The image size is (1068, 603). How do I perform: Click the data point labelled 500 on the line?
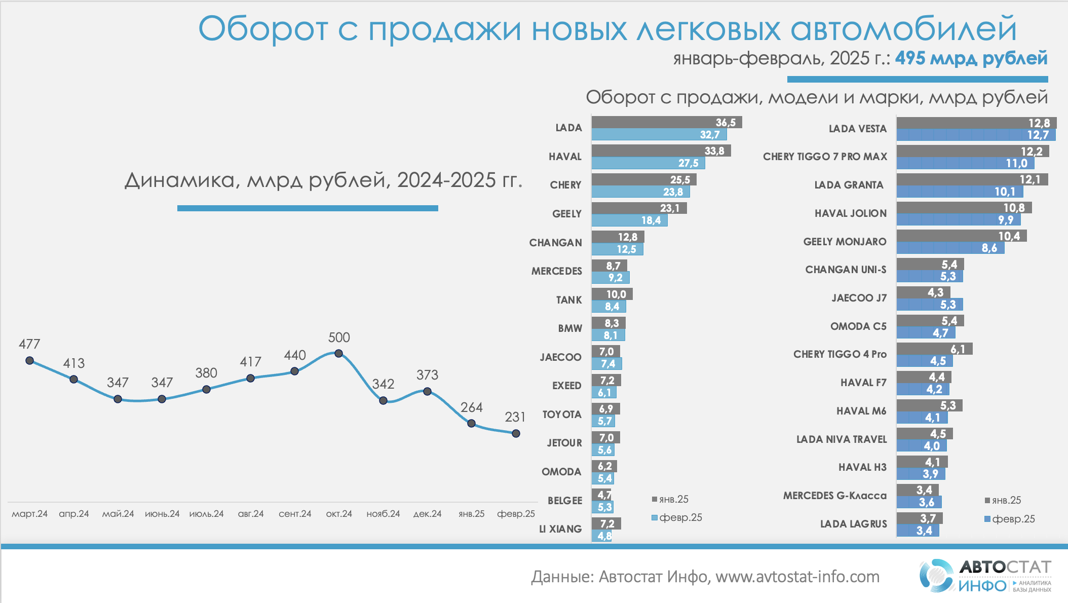pos(339,353)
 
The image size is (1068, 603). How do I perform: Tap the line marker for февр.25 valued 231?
pos(516,433)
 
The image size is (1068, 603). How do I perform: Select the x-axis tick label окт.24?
pos(339,514)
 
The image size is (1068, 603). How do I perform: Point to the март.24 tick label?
pos(29,514)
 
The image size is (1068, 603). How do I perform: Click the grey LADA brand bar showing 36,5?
pos(666,122)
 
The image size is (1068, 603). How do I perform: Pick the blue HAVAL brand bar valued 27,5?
pos(648,163)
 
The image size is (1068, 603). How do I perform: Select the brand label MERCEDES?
pos(556,271)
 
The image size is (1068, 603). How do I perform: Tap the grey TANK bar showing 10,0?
pos(612,294)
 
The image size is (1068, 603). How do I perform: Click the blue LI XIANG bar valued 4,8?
pos(601,536)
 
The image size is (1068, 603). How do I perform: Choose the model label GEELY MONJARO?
pos(845,242)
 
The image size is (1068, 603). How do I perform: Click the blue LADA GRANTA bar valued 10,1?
pos(960,192)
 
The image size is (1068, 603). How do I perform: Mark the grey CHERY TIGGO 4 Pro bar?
pos(934,349)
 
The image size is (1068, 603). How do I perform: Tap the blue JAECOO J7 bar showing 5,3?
pos(930,305)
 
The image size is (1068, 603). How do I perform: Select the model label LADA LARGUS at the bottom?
pos(853,524)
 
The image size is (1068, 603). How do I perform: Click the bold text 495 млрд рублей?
pos(971,58)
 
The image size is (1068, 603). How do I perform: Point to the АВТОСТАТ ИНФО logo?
pos(985,576)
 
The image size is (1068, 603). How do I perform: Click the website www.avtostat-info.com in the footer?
pos(797,577)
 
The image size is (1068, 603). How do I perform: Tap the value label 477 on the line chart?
pos(29,344)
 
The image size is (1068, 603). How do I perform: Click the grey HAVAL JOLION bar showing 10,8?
pos(964,207)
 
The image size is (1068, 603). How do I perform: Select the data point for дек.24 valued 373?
pos(427,391)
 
